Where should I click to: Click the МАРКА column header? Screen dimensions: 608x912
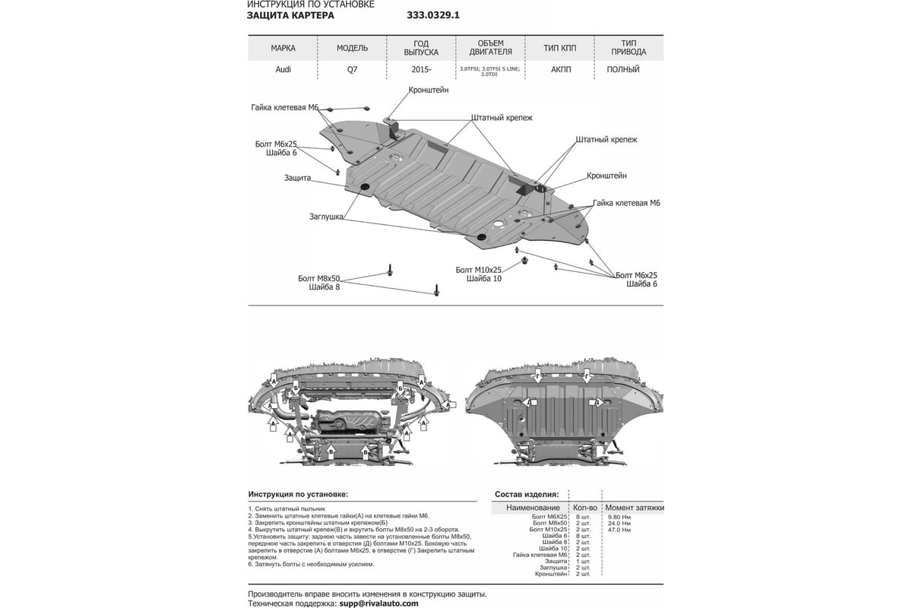click(283, 48)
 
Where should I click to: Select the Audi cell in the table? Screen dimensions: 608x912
click(283, 69)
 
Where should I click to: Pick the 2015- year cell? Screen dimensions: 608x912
click(421, 69)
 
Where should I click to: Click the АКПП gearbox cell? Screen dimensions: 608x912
click(561, 69)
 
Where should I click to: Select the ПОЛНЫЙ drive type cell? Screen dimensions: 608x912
click(623, 69)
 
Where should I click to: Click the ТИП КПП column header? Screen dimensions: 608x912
click(560, 48)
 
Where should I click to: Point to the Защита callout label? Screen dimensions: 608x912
click(298, 178)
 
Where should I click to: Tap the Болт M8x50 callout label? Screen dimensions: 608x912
click(319, 279)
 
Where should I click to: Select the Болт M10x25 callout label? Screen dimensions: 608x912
click(479, 270)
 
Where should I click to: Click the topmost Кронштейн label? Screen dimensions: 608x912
click(429, 90)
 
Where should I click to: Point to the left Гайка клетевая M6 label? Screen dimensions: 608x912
click(285, 107)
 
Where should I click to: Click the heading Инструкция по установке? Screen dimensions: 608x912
click(298, 493)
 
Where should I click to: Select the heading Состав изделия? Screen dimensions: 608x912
click(526, 493)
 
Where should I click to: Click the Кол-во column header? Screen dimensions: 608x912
click(583, 507)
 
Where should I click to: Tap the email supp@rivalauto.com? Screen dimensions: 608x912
click(378, 603)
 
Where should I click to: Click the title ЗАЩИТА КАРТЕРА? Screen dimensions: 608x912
click(290, 15)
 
